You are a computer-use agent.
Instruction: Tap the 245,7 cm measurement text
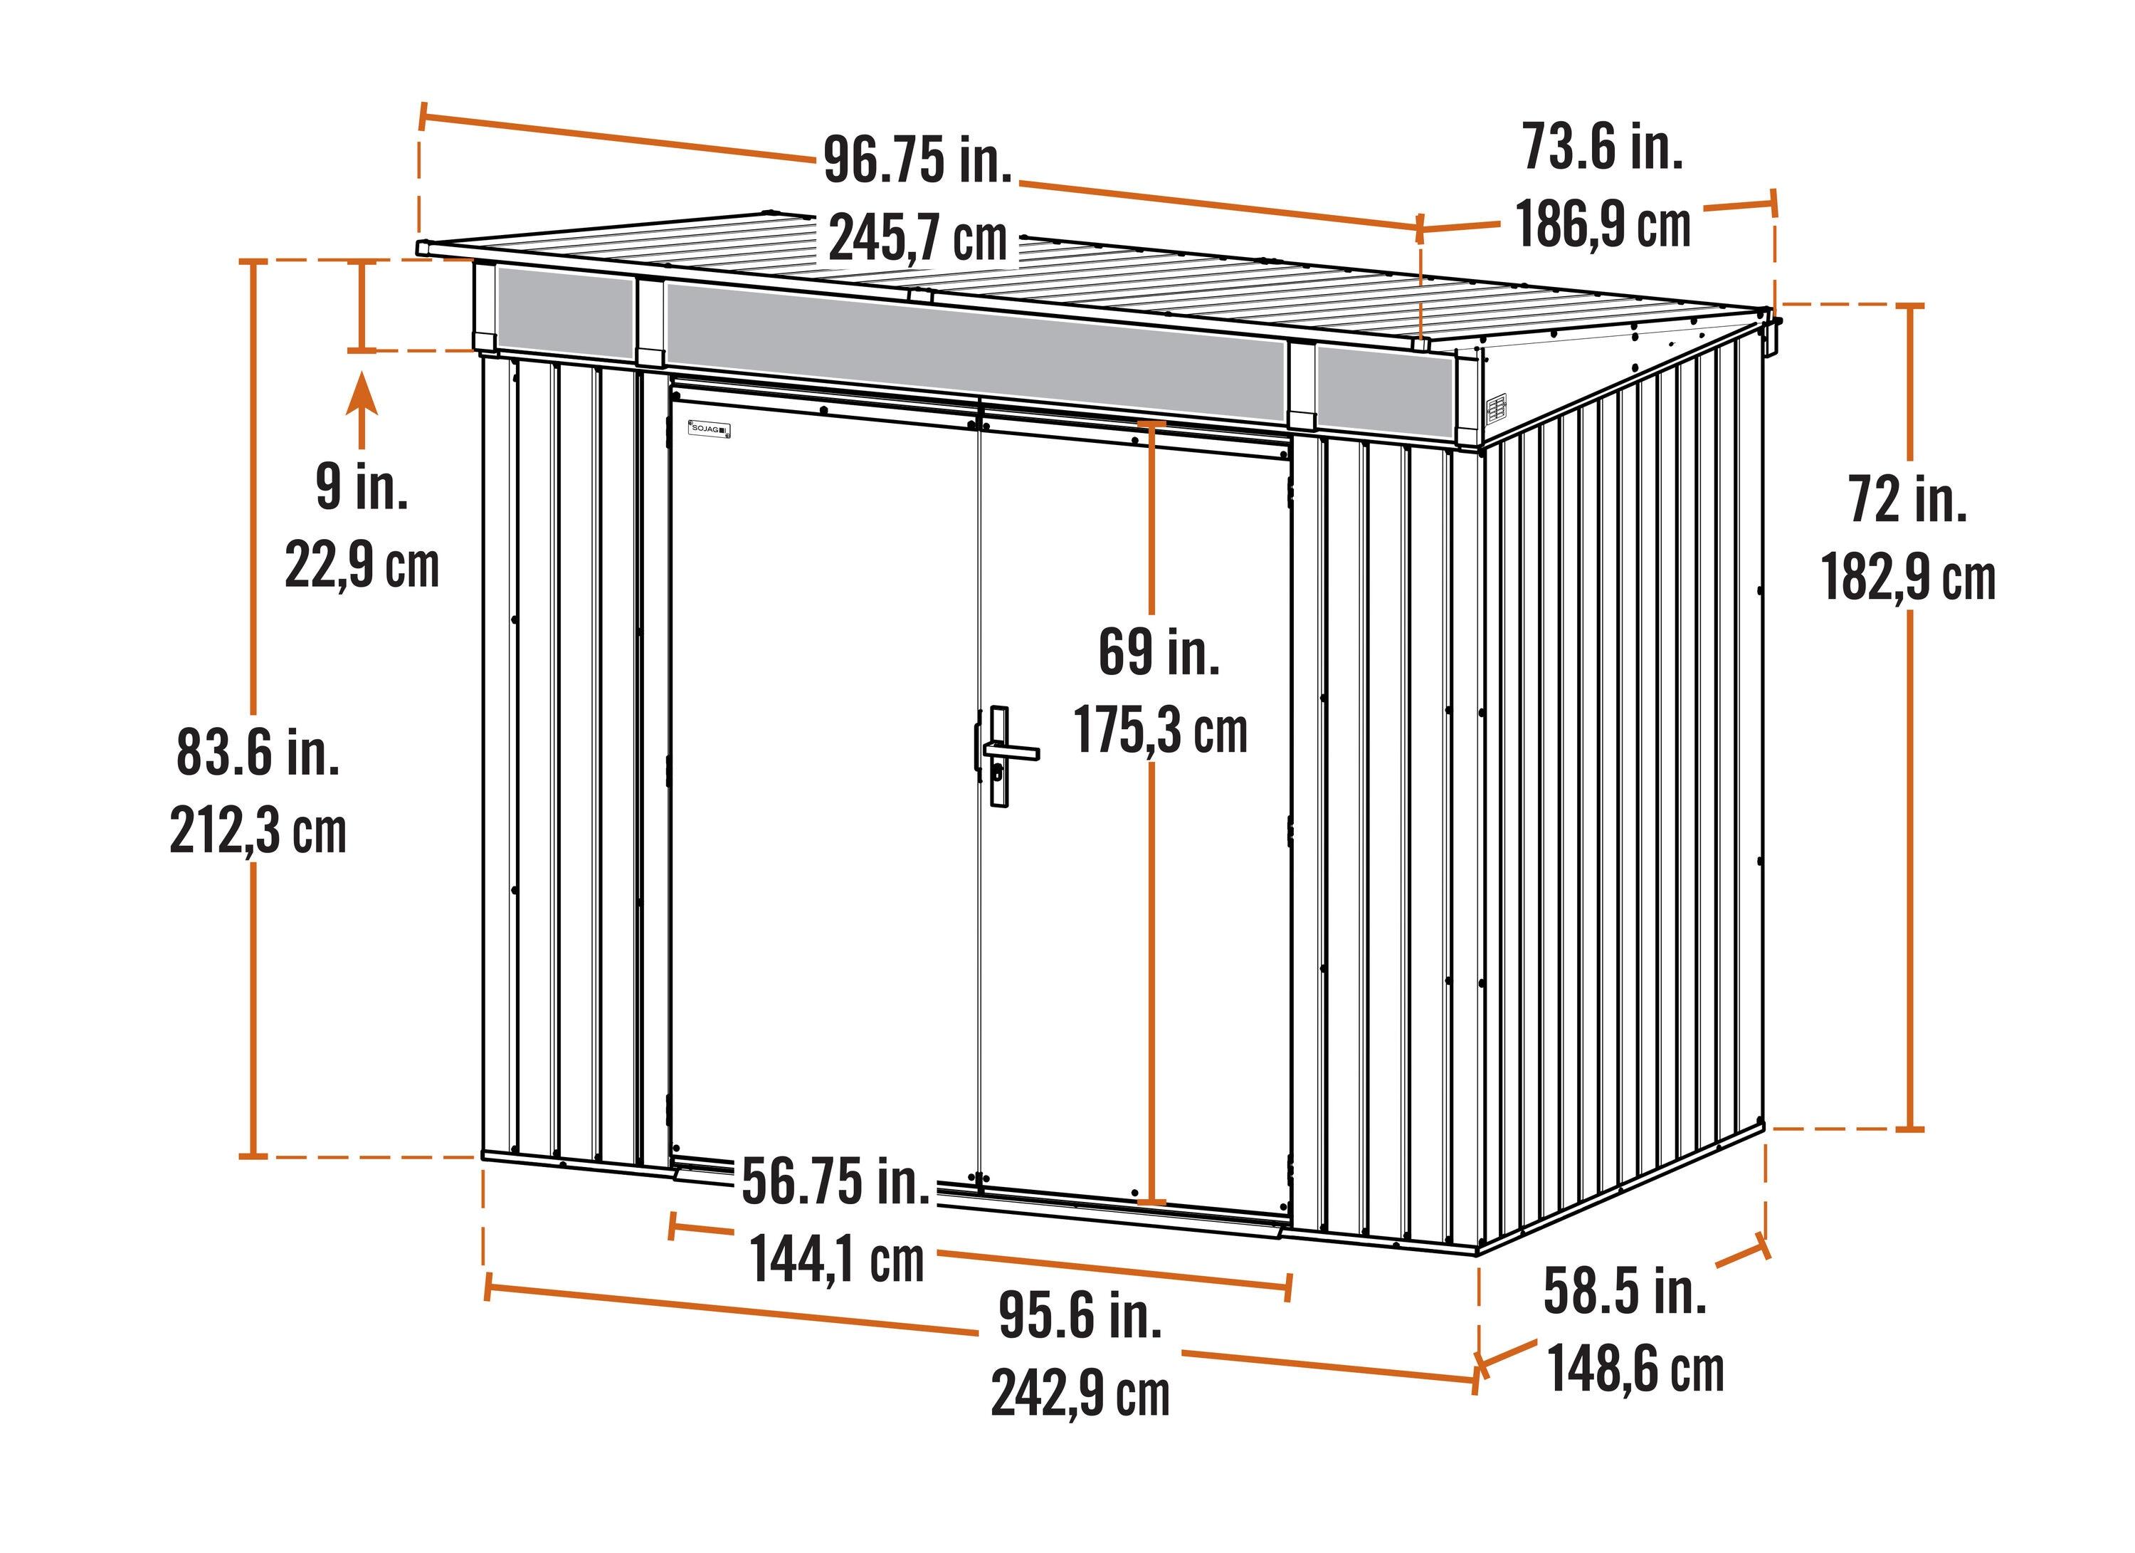[x=918, y=239]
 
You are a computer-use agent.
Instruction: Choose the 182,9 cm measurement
[x=1908, y=577]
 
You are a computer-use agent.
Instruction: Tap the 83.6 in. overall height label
[x=258, y=753]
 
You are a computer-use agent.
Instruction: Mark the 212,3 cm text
[x=258, y=831]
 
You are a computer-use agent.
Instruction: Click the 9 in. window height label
[x=362, y=487]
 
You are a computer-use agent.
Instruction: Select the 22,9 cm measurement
[x=362, y=566]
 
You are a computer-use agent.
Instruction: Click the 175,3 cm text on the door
[x=1161, y=730]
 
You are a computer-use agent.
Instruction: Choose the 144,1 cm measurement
[x=837, y=1259]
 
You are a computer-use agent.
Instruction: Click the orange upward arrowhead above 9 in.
[x=362, y=394]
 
